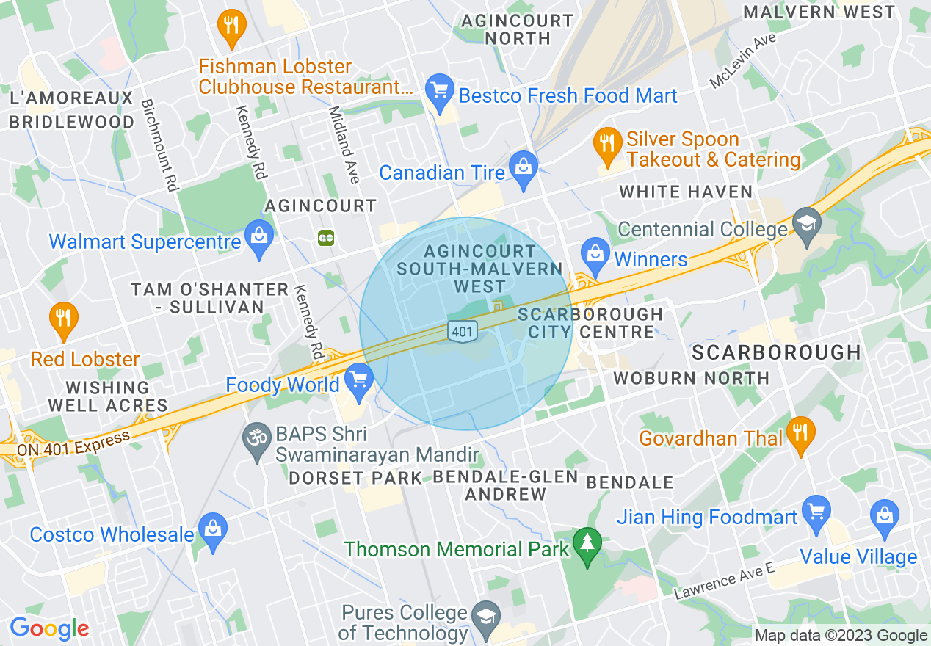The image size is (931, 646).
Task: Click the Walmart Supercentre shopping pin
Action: tap(259, 237)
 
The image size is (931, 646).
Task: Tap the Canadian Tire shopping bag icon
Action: tap(523, 168)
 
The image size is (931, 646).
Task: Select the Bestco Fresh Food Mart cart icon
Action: tap(440, 92)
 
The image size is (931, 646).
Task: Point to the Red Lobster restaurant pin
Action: tap(64, 319)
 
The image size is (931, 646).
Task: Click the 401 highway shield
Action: tap(462, 331)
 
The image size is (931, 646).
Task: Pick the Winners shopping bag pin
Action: tap(595, 254)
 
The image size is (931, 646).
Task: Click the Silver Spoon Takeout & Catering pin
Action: tap(606, 144)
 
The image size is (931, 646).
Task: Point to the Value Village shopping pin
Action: tap(884, 515)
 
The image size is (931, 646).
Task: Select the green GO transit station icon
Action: tap(326, 237)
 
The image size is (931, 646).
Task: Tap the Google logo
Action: tap(49, 628)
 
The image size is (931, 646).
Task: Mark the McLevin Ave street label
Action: tap(743, 62)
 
